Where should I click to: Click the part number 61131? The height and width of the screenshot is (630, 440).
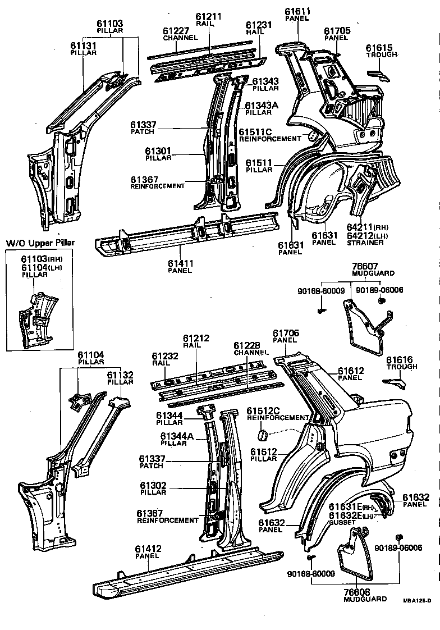(84, 45)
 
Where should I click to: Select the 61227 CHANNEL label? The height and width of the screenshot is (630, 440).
(180, 34)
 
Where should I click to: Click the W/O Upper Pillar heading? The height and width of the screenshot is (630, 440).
(40, 243)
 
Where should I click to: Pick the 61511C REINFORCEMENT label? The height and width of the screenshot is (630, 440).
(269, 135)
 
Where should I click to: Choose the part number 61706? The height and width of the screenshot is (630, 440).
(286, 333)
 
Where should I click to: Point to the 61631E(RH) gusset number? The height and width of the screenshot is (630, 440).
(348, 507)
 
